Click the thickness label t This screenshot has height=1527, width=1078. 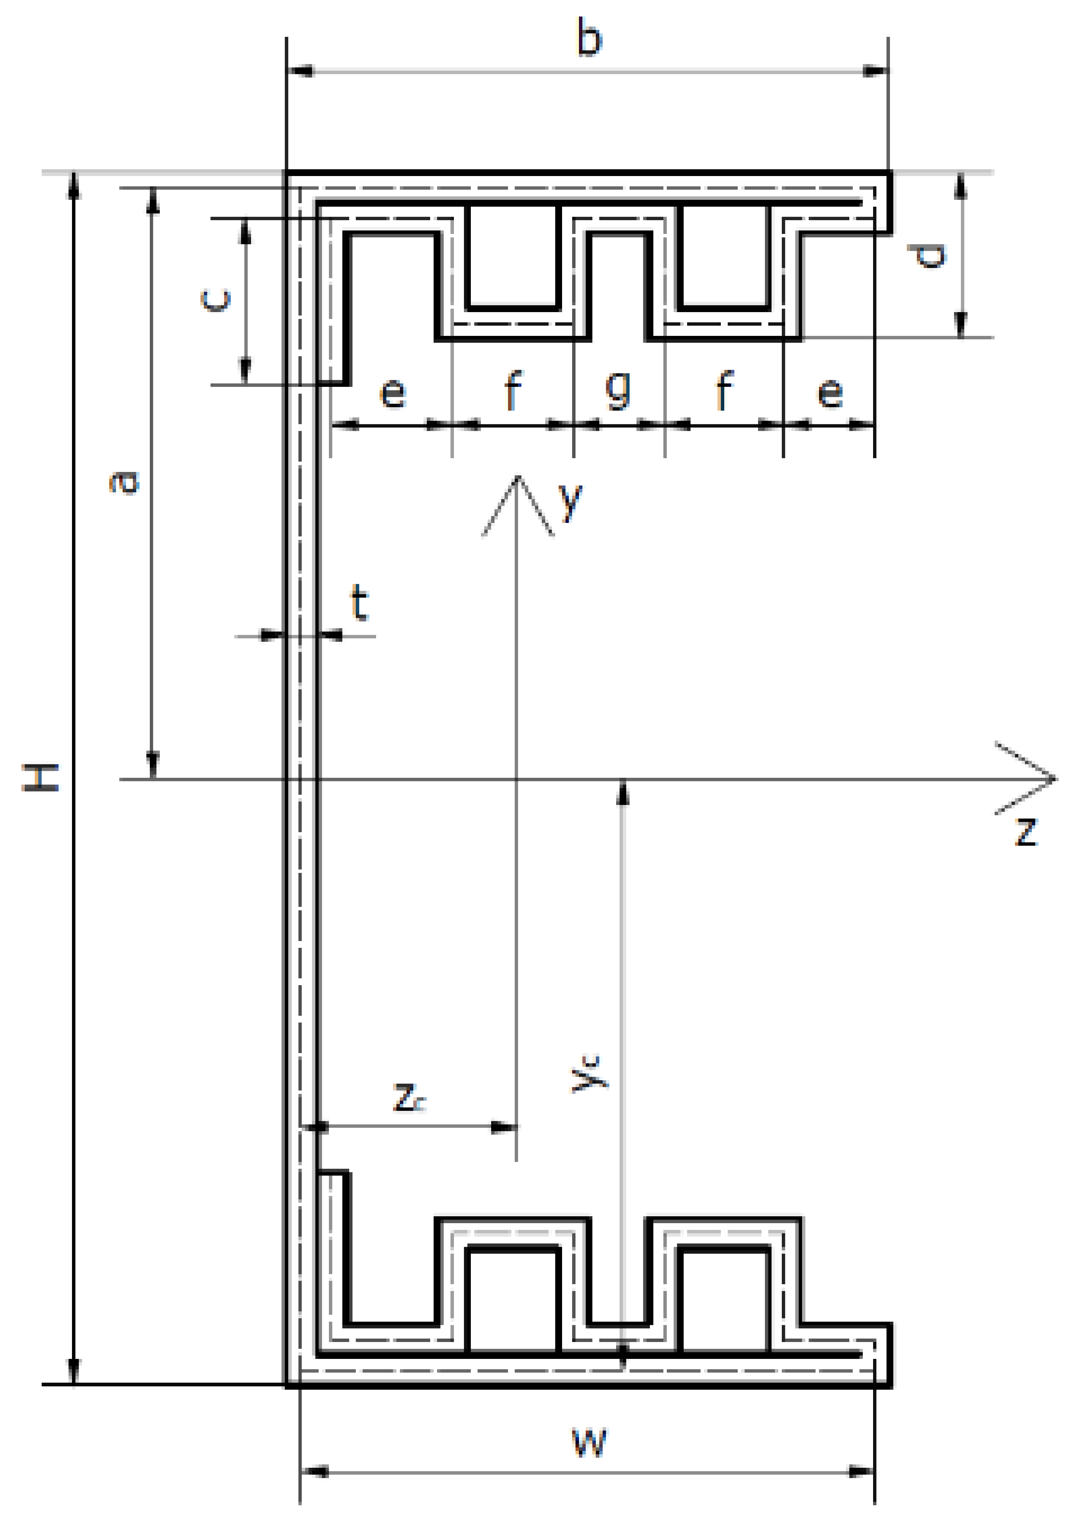coord(359,602)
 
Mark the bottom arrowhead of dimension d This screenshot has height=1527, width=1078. coord(960,326)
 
